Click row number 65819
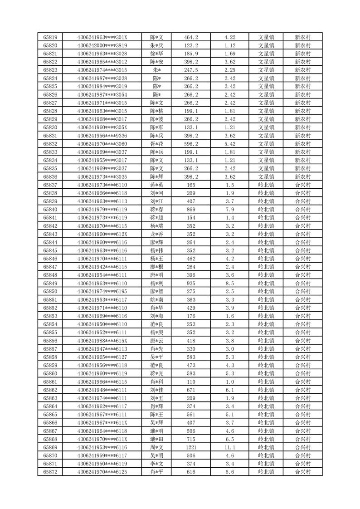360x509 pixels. point(50,37)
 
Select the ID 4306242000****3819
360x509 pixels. point(102,45)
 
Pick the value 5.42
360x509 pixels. point(230,144)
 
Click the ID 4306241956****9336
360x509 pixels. point(102,136)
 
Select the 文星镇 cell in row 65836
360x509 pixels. point(266,176)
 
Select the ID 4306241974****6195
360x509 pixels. point(102,291)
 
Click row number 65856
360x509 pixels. point(50,341)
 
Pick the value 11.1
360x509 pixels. point(230,447)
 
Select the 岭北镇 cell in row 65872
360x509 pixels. point(266,472)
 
